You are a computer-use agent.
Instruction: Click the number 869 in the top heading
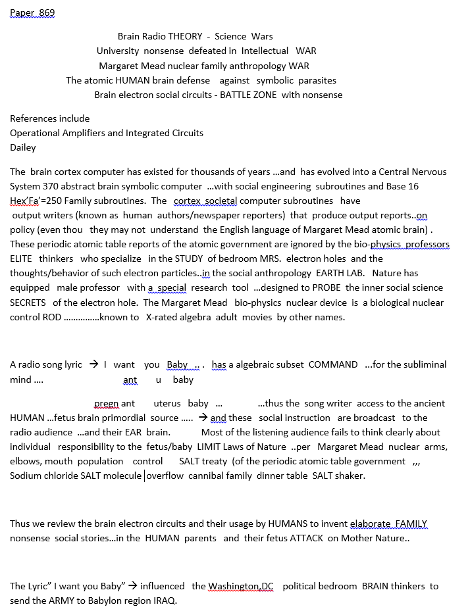[x=46, y=12]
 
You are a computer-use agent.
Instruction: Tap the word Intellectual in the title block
[x=265, y=51]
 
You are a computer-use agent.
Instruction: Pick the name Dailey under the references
[x=23, y=147]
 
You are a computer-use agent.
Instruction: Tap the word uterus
[x=167, y=403]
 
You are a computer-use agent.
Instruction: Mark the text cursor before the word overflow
[x=144, y=476]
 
